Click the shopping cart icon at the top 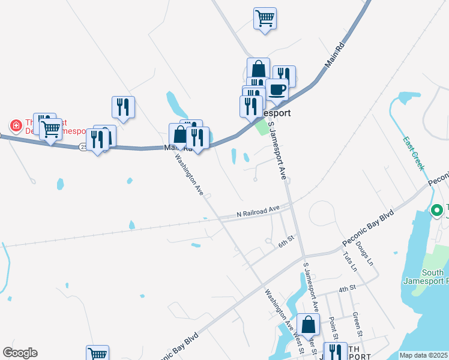coord(264,18)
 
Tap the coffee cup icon coord(277,89)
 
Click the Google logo coord(20,353)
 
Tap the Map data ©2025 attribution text coord(424,355)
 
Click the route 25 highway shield coord(83,146)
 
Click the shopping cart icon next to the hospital coord(50,128)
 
